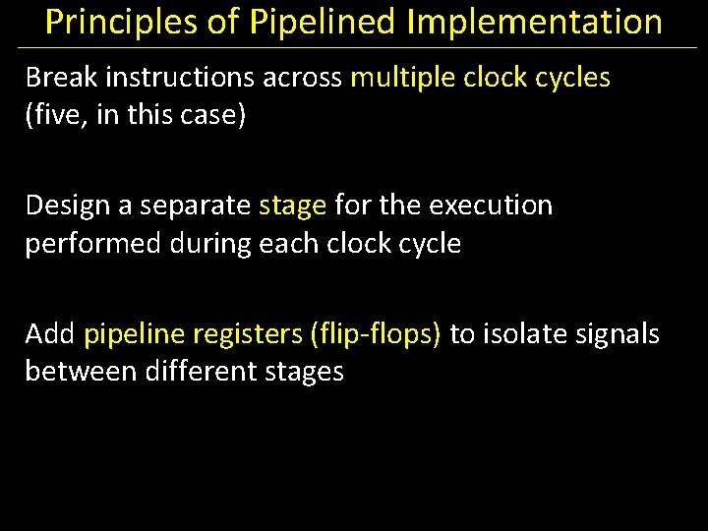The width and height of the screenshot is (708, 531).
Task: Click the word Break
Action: click(x=62, y=77)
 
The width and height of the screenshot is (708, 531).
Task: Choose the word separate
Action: click(x=197, y=206)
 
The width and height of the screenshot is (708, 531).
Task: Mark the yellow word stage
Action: click(x=292, y=206)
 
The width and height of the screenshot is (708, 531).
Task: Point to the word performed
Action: click(x=93, y=244)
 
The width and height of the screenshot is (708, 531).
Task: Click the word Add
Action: click(x=50, y=334)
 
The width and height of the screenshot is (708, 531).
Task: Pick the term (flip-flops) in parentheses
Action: click(x=375, y=334)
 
